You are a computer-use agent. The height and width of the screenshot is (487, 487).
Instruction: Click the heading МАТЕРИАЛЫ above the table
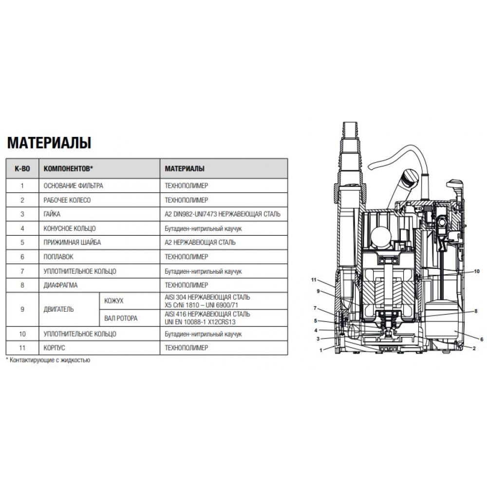point(49,143)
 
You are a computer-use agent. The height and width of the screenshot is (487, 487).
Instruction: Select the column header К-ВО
point(22,169)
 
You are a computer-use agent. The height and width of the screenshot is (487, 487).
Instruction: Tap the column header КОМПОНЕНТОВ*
point(68,169)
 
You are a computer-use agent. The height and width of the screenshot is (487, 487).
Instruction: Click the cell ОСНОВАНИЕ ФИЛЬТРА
point(74,186)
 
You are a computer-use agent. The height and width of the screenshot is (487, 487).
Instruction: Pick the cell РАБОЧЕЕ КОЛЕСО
point(67,200)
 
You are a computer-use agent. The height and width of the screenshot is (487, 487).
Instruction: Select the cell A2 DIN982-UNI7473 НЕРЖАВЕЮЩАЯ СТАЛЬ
point(223,214)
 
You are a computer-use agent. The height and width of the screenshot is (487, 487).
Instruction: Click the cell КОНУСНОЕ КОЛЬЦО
point(70,228)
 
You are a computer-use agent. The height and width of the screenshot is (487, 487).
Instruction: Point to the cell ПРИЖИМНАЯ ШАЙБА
point(72,243)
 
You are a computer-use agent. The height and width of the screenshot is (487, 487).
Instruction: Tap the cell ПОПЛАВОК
point(58,257)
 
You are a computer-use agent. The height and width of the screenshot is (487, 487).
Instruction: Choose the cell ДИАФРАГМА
point(60,285)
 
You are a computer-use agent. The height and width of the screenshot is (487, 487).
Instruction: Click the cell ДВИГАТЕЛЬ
point(59,309)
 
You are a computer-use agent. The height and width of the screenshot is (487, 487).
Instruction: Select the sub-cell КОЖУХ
point(113,301)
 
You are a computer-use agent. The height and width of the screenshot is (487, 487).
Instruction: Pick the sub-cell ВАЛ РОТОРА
point(121,318)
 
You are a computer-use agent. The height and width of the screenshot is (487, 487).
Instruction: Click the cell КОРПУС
point(55,348)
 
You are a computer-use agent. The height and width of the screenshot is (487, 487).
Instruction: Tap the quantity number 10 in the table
point(22,334)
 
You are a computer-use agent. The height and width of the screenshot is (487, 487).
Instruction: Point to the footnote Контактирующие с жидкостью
point(48,360)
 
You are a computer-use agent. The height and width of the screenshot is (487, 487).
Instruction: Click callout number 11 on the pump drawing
point(314,280)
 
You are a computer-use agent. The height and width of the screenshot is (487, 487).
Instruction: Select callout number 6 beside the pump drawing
point(482,339)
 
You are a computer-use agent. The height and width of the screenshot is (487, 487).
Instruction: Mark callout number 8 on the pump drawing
point(476,311)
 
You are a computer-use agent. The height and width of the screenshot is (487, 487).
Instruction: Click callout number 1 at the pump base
point(321,350)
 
